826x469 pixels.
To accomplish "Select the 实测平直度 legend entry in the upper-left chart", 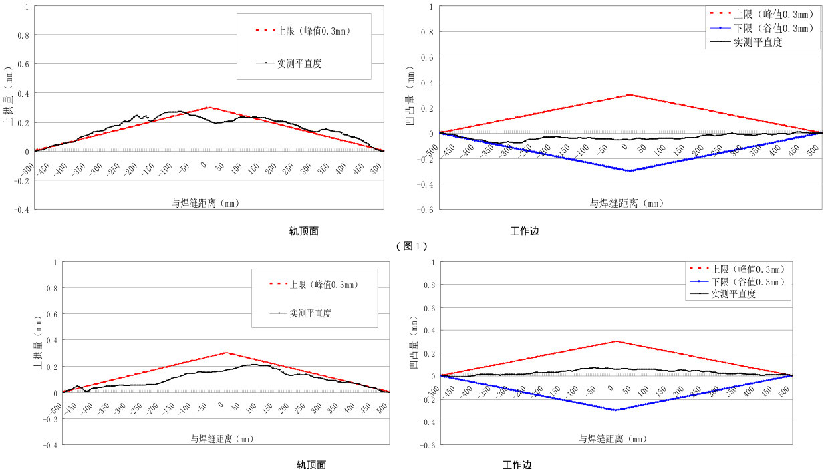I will pos(299,64).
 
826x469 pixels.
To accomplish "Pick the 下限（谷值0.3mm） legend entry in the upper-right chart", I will pos(773,28).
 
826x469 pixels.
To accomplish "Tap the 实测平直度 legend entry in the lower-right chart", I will pos(733,293).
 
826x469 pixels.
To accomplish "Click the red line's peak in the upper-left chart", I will pos(209,107).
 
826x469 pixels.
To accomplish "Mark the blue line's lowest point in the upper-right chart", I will pos(630,171).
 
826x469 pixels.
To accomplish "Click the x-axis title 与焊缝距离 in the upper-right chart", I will pos(627,203).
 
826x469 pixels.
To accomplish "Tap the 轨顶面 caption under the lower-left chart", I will pos(311,465).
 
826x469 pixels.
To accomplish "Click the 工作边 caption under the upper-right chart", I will pos(525,232).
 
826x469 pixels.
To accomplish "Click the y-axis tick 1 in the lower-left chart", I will pos(55,263).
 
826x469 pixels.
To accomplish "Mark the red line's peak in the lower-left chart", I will pos(226,353).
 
